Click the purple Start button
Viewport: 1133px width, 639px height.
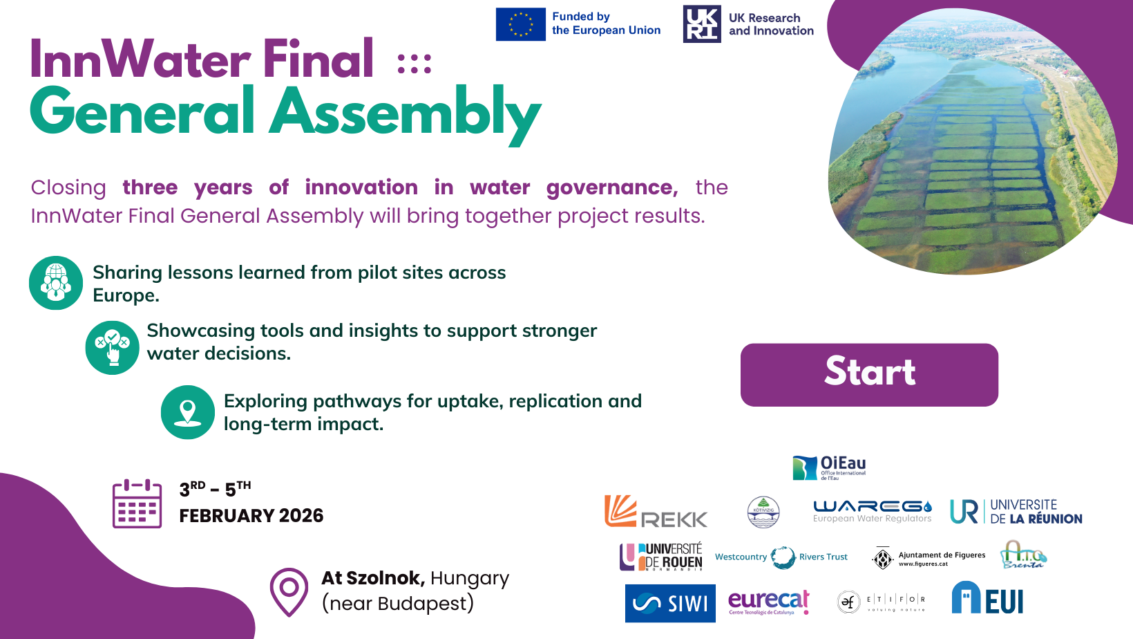[869, 374]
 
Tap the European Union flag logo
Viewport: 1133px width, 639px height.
[520, 24]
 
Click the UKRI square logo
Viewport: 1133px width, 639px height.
[702, 24]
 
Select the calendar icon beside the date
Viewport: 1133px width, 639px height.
[137, 503]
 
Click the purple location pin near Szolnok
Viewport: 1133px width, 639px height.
[289, 591]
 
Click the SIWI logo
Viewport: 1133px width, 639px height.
[669, 603]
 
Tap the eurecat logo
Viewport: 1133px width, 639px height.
[768, 602]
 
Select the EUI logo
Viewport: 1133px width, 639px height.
[987, 598]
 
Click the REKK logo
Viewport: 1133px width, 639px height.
[656, 512]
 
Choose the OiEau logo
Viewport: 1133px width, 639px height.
[829, 467]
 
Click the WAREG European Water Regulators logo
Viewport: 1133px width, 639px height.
[872, 511]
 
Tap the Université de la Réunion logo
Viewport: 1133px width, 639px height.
[1016, 512]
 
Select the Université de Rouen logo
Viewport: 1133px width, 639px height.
[661, 556]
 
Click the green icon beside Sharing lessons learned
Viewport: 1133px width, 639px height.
[56, 283]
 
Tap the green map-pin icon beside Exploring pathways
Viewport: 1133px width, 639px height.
[188, 412]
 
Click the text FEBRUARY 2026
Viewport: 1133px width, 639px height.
[251, 516]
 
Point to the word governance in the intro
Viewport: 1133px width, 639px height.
[611, 187]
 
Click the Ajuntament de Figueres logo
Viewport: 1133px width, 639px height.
[929, 558]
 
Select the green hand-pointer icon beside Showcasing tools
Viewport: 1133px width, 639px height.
[112, 348]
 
